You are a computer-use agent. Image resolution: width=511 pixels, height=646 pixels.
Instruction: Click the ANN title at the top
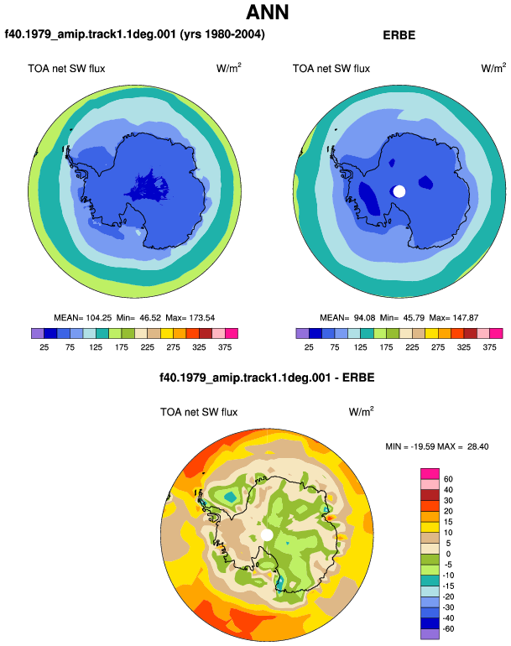pyautogui.click(x=267, y=13)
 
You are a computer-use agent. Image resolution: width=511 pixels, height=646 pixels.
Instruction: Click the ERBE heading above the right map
pyautogui.click(x=399, y=35)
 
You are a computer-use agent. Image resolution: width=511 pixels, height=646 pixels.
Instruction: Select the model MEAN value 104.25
pyautogui.click(x=99, y=318)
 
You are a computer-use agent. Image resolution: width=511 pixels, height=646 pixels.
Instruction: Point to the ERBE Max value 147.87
pyautogui.click(x=466, y=318)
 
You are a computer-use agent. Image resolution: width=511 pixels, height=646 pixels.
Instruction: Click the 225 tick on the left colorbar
pyautogui.click(x=147, y=347)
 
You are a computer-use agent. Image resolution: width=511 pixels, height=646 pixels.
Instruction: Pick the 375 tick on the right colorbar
pyautogui.click(x=489, y=347)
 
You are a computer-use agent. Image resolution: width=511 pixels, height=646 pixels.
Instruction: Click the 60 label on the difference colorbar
pyautogui.click(x=448, y=479)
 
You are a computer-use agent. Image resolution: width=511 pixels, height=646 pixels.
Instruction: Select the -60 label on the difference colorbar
pyautogui.click(x=448, y=629)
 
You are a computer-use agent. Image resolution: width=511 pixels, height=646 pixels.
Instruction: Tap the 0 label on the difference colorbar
pyautogui.click(x=448, y=554)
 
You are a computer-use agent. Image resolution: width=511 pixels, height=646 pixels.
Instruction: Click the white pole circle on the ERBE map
pyautogui.click(x=399, y=191)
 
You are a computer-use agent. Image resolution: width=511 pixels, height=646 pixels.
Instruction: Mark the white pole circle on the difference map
pyautogui.click(x=267, y=534)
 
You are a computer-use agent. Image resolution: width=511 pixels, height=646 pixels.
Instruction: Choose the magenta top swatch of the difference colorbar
pyautogui.click(x=430, y=474)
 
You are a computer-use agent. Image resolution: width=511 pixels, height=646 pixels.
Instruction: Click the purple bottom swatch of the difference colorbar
pyautogui.click(x=430, y=634)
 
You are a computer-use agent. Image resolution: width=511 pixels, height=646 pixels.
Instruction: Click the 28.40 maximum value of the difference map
pyautogui.click(x=478, y=446)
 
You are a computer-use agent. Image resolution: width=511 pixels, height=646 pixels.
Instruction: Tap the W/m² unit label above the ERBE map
pyautogui.click(x=493, y=68)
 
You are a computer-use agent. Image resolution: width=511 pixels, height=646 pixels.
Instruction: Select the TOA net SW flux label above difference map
pyautogui.click(x=199, y=412)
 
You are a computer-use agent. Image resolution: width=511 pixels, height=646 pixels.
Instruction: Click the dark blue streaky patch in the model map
pyautogui.click(x=148, y=187)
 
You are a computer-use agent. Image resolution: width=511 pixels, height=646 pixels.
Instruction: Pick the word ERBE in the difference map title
pyautogui.click(x=358, y=378)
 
